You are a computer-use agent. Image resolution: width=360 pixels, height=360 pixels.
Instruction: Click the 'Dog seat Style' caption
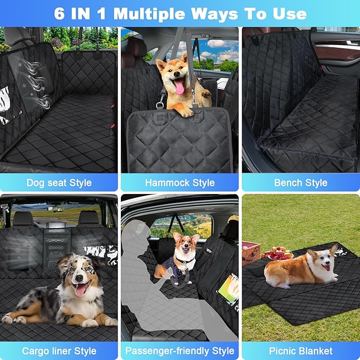pyautogui.click(x=59, y=183)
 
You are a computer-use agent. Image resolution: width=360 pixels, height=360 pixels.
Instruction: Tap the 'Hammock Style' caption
pyautogui.click(x=180, y=183)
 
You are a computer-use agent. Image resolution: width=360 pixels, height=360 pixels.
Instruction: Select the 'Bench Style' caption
pyautogui.click(x=301, y=183)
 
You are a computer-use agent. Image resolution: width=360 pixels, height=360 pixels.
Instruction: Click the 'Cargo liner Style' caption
pyautogui.click(x=59, y=351)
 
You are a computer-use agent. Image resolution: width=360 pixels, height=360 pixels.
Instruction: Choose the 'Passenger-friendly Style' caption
pyautogui.click(x=180, y=351)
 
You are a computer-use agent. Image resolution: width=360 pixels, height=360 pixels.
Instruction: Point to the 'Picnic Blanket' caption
pyautogui.click(x=301, y=351)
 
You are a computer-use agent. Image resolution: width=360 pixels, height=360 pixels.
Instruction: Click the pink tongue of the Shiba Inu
pyautogui.click(x=180, y=87)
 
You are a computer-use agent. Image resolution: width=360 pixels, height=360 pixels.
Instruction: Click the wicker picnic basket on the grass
pyautogui.click(x=251, y=252)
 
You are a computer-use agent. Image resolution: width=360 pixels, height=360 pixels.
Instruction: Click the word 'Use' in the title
pyautogui.click(x=287, y=13)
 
